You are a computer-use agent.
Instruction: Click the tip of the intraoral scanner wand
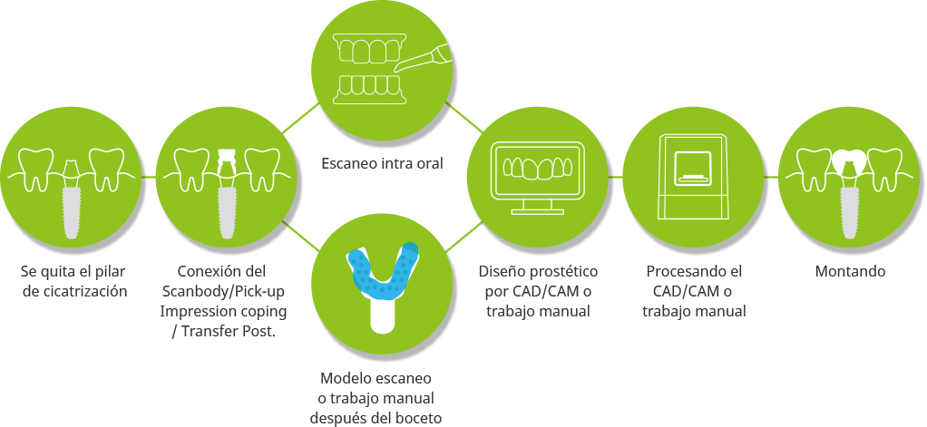pyautogui.click(x=395, y=70)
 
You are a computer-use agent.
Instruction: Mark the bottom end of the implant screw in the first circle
pyautogui.click(x=71, y=238)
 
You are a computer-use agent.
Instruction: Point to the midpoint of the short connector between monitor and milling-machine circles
pyautogui.click(x=616, y=177)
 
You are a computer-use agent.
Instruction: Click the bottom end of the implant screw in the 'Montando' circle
pyautogui.click(x=850, y=238)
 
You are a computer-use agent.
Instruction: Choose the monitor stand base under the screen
pyautogui.click(x=537, y=210)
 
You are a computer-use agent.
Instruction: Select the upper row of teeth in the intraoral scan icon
pyautogui.click(x=369, y=48)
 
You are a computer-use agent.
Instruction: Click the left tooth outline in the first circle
pyautogui.click(x=36, y=170)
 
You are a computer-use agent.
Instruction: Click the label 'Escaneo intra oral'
pyautogui.click(x=382, y=163)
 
